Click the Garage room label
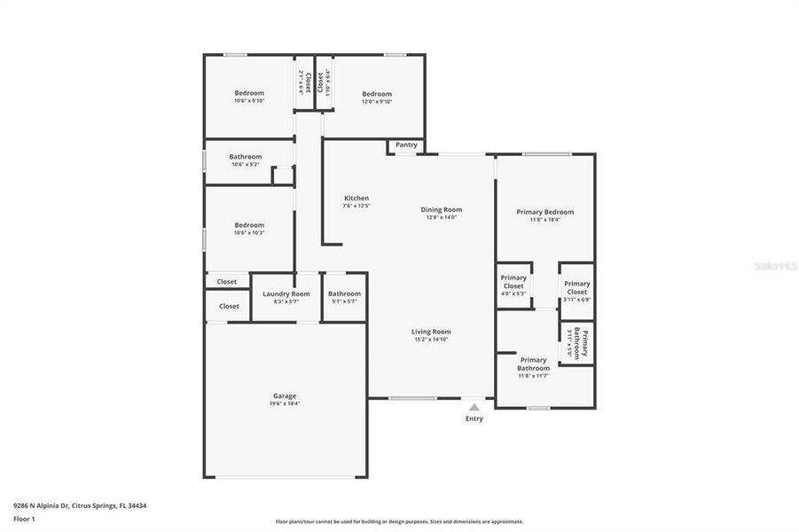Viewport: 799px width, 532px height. click(285, 395)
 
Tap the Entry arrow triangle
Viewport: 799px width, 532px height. click(474, 407)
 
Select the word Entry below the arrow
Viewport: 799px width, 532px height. click(474, 419)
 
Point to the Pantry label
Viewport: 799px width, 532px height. click(406, 145)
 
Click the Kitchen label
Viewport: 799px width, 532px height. click(356, 198)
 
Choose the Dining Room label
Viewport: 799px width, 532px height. click(442, 209)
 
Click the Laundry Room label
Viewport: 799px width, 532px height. click(286, 293)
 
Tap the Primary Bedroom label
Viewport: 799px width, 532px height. click(545, 212)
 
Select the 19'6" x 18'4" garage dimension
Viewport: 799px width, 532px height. click(285, 403)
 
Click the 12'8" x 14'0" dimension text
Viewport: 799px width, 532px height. click(442, 217)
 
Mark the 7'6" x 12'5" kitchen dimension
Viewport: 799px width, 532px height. click(356, 206)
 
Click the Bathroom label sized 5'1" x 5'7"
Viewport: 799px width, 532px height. click(344, 293)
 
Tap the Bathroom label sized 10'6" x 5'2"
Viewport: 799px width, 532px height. click(246, 157)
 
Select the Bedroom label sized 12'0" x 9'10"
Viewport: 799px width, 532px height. click(377, 94)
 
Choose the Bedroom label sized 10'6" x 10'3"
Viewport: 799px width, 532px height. click(249, 225)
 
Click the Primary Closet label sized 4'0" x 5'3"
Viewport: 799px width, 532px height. click(513, 281)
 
